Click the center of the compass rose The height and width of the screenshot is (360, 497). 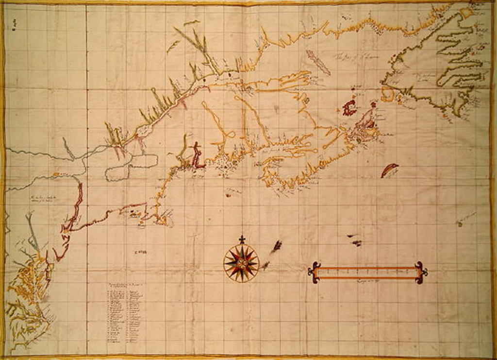coord(241,263)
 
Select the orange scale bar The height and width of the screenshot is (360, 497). coord(367,273)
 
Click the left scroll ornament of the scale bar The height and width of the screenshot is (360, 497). coord(314,273)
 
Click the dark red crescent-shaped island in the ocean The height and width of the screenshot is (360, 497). coord(389,170)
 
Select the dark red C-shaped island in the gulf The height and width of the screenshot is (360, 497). coord(349,108)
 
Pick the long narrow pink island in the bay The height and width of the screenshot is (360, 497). coord(318,62)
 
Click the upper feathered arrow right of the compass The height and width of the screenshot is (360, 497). coord(277,246)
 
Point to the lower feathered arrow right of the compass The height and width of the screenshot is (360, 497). coord(265,265)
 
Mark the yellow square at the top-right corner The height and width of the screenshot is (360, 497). coord(467,13)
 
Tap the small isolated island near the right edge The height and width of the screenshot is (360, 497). coord(459,223)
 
